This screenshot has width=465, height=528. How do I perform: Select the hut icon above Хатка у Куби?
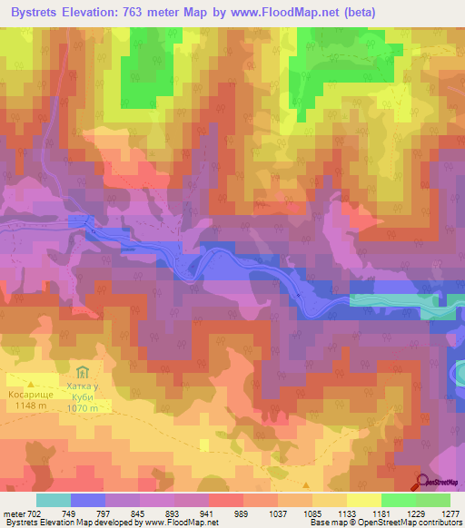tap(83, 372)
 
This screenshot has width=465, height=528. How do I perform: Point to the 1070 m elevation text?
tap(88, 408)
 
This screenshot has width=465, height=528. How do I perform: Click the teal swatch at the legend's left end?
tap(53, 500)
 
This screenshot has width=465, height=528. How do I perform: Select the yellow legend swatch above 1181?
tap(363, 500)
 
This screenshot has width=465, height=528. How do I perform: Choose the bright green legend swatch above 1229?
tap(398, 500)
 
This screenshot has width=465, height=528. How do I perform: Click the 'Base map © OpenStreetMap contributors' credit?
tap(384, 523)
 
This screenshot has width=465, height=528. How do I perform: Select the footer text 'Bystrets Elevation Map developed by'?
tap(68, 523)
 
